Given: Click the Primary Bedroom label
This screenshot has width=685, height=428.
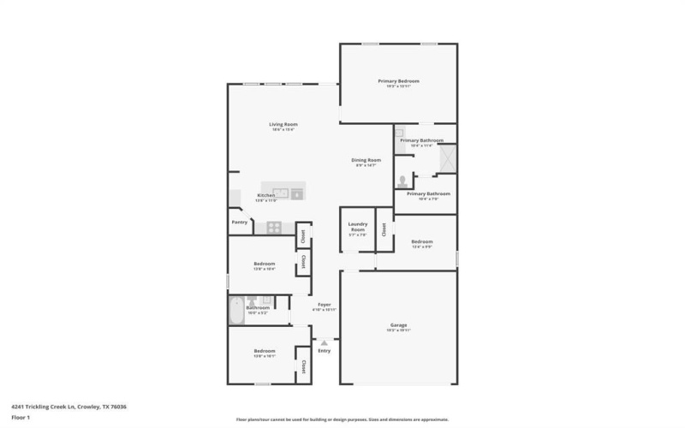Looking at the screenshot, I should point(398,81).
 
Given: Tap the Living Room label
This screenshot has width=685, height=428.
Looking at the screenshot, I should point(283,125).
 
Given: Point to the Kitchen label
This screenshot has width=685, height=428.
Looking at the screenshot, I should point(266,195).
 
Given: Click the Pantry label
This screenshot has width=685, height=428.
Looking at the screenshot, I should point(240,223).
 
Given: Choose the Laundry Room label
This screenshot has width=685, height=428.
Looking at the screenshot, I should point(357,227).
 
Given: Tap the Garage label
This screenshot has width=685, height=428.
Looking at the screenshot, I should point(398,325).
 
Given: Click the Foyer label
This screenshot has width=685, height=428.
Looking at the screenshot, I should point(325,304).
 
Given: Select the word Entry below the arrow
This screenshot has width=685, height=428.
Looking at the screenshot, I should point(325,351).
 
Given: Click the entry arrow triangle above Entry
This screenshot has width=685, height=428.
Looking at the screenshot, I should point(325,342).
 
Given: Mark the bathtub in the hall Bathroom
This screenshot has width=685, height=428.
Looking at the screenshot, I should point(235,312).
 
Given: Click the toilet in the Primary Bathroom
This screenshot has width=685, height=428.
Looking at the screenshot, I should point(402,181).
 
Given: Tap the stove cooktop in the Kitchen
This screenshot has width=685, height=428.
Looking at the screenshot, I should point(274,227).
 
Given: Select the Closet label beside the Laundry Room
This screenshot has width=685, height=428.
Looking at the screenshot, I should point(384,229).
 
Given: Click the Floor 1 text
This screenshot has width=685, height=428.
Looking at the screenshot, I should point(21,417).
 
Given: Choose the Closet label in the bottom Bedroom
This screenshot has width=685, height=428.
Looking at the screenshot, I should point(303,366).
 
